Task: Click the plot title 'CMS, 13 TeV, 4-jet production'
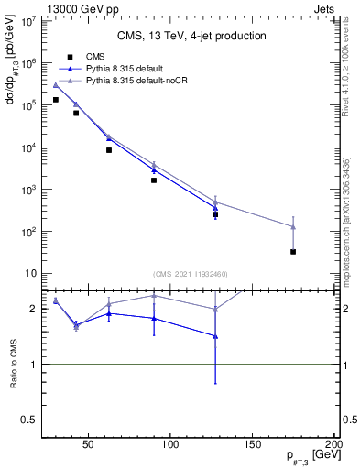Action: [191, 36]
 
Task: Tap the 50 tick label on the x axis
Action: [89, 444]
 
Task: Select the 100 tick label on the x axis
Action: [170, 444]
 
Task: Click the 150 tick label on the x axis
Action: [253, 444]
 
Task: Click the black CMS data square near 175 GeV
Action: [293, 251]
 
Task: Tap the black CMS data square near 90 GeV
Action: [154, 180]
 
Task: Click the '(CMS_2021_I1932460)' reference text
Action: [191, 274]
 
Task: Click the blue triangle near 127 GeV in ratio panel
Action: [215, 336]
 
